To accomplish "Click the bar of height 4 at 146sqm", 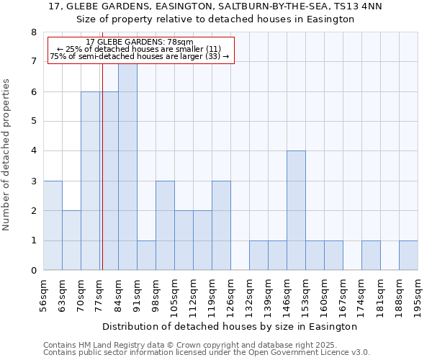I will pos(296,210).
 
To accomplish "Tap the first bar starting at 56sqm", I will pos(53,225).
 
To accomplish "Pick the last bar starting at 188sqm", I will pos(408,256).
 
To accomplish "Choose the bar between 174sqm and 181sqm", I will pos(371,256).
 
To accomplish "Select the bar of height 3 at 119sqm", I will pos(221,225).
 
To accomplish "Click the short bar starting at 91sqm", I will pos(146,256).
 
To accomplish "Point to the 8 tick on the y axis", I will pos(32,32).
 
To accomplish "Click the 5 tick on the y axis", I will pos(32,122).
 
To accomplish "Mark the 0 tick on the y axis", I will pos(32,271).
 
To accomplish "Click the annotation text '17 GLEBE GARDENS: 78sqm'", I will pos(140,42).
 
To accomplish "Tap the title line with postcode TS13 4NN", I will pos(216,6).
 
